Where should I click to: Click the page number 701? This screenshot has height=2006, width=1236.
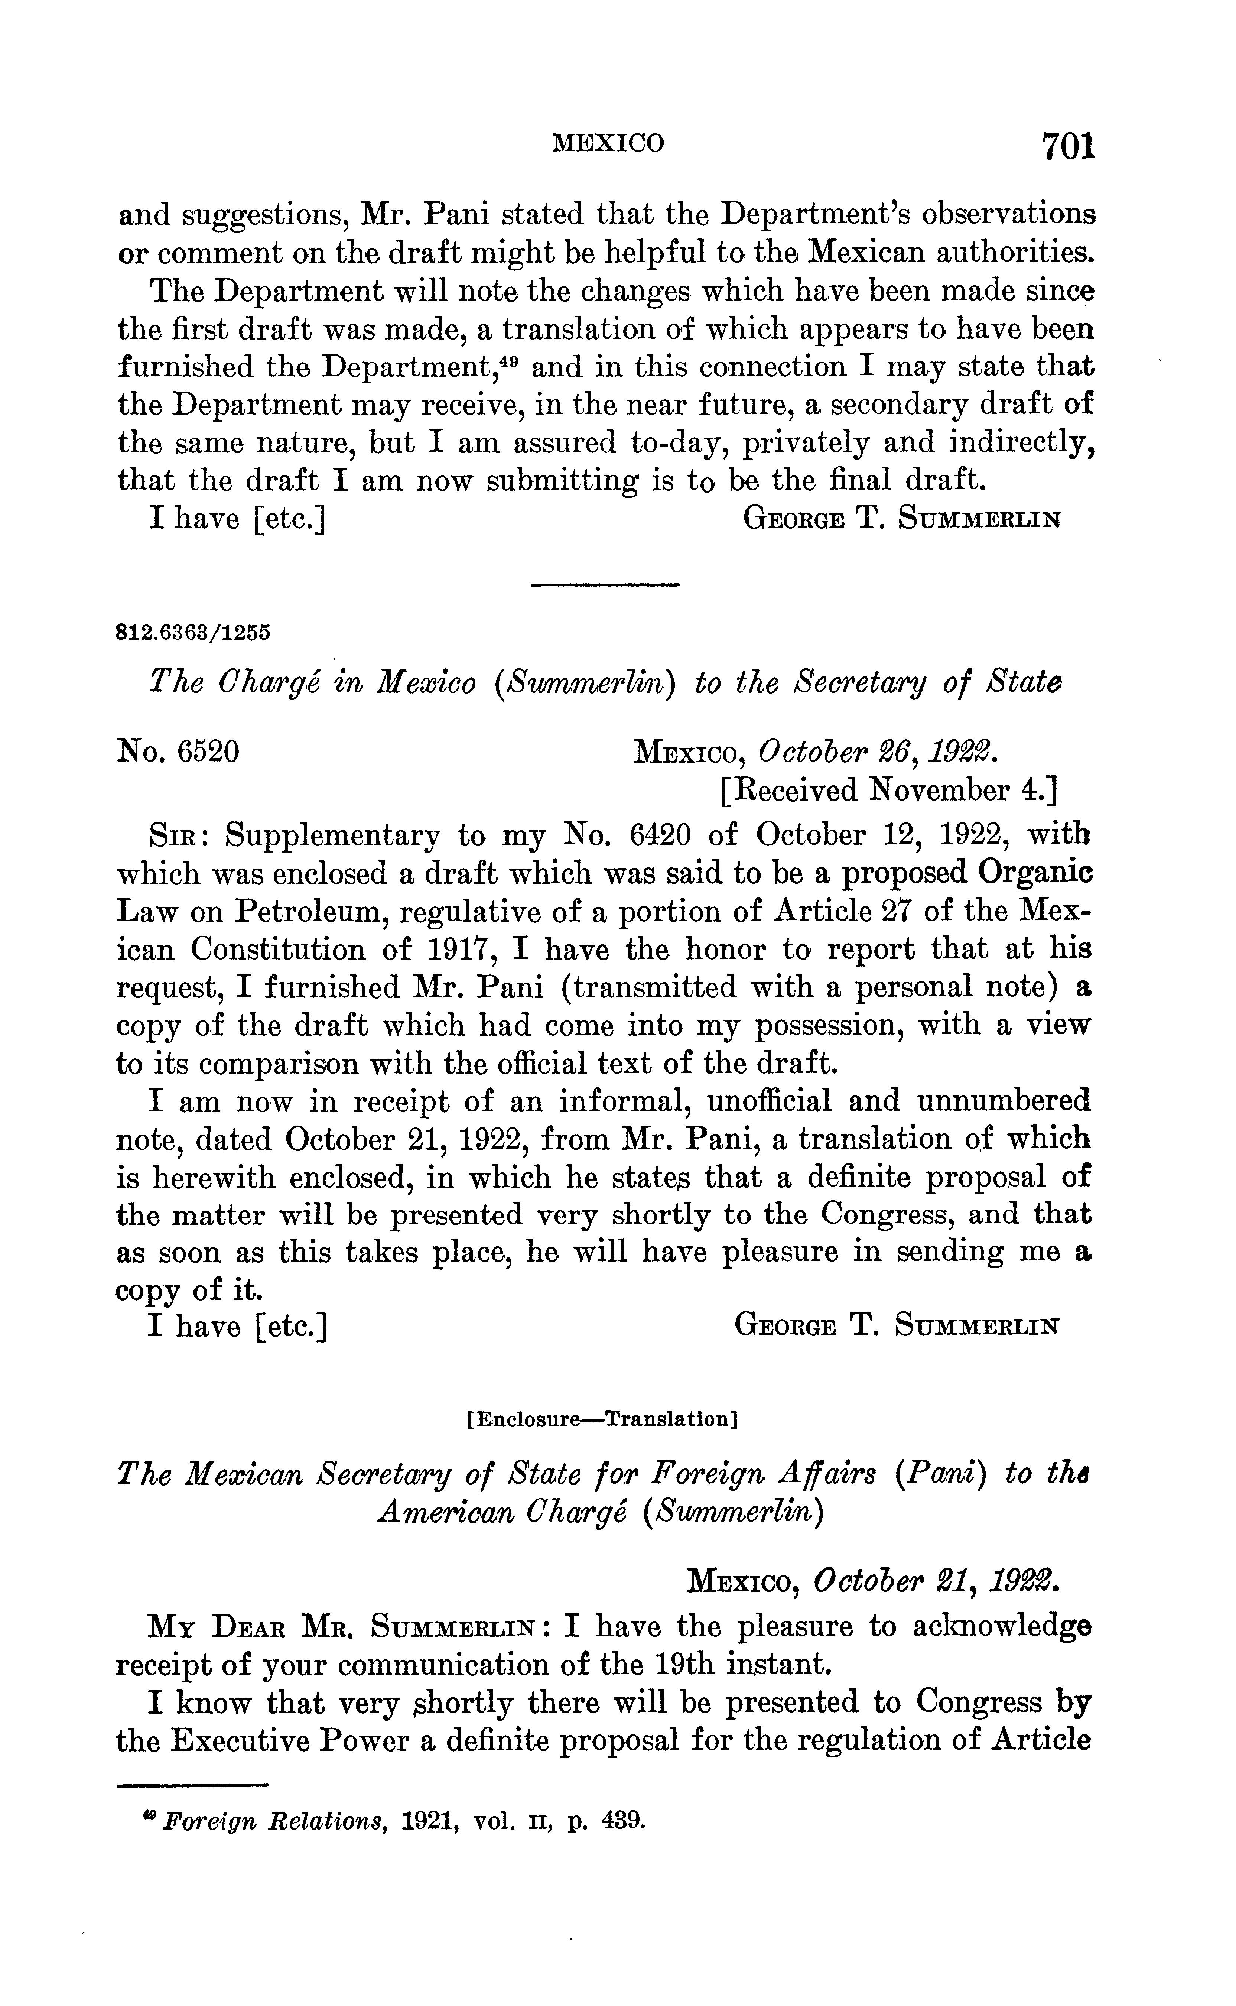click(x=1067, y=147)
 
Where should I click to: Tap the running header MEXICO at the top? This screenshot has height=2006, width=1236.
click(x=608, y=144)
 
